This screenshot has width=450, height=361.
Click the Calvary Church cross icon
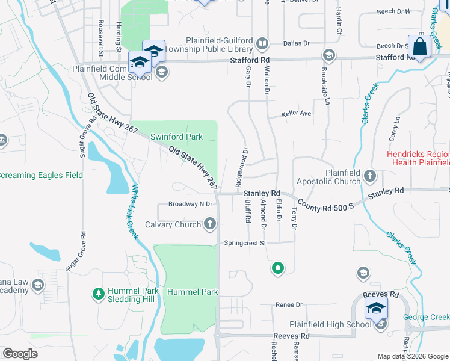tap(211, 225)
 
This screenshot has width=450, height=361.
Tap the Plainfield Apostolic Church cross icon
tap(370, 177)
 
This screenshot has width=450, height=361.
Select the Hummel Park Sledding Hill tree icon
tap(97, 294)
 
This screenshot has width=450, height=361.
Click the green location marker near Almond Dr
tap(277, 268)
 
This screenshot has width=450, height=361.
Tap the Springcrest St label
tap(245, 243)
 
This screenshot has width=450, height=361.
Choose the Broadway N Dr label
tap(191, 204)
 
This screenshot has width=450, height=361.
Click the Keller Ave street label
tap(296, 113)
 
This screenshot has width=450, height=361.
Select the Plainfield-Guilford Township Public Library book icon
tap(262, 43)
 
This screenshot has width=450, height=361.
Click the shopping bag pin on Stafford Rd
tap(419, 46)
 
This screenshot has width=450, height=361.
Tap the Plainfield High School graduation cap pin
tap(376, 309)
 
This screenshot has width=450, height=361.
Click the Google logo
tap(20, 354)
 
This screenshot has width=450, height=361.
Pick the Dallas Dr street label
tap(298, 43)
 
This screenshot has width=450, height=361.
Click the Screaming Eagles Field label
tap(41, 175)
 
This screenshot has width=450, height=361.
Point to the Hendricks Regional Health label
tap(418, 158)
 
